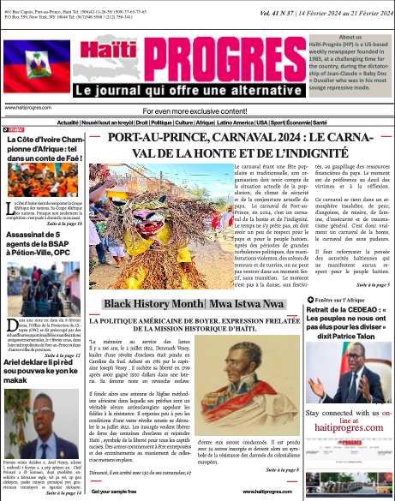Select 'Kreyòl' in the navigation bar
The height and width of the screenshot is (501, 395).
pyautogui.click(x=136, y=122)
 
